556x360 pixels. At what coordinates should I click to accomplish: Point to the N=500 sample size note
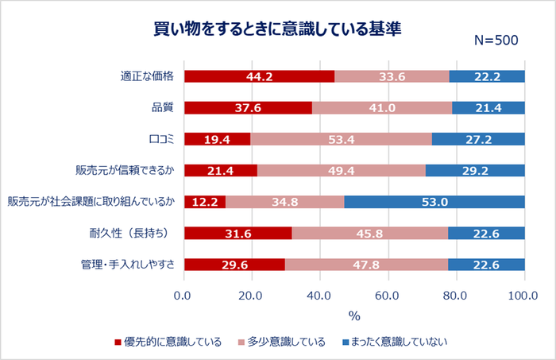(496, 41)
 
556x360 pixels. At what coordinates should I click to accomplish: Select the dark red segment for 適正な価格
(259, 76)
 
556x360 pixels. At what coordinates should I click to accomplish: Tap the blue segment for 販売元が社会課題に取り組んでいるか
(434, 201)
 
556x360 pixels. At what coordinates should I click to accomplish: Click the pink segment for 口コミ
(341, 139)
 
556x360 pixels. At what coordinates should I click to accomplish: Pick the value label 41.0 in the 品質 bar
(382, 107)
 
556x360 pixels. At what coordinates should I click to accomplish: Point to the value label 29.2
(475, 170)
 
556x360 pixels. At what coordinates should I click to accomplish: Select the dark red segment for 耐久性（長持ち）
(237, 233)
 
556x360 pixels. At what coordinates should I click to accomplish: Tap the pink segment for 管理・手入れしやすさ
(366, 264)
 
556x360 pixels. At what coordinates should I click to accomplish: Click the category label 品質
(163, 107)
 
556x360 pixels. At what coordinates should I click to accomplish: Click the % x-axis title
(354, 315)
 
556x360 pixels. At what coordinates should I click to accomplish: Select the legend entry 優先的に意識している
(167, 343)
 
